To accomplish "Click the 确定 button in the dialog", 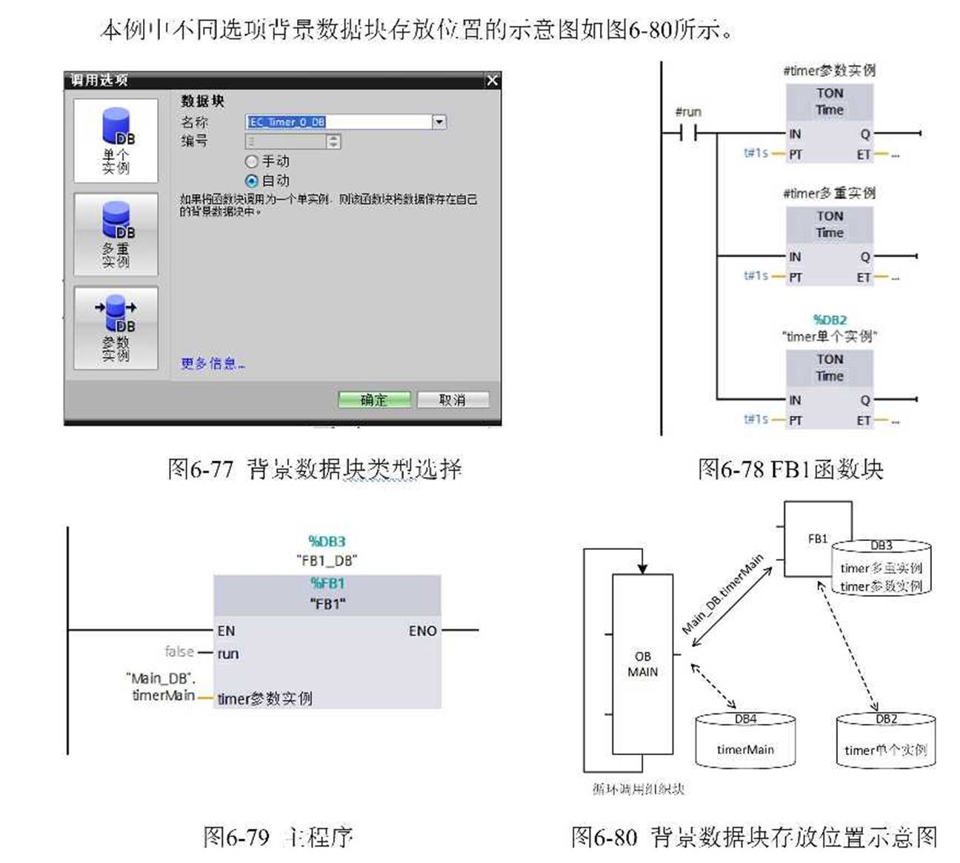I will coord(374,400).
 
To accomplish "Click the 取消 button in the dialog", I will coord(453,400).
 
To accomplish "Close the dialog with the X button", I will coord(493,80).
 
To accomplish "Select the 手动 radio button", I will coord(252,161).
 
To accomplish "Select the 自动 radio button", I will coord(252,181).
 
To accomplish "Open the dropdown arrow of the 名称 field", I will coord(439,121).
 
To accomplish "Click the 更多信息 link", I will coord(213,363).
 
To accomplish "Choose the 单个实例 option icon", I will coord(116,141).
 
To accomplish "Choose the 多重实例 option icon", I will coord(116,234).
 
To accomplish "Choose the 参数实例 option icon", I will coord(116,328).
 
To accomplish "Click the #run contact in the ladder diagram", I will coord(688,133).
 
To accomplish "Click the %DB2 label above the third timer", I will coord(830,320).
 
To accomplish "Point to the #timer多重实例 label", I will coord(830,193).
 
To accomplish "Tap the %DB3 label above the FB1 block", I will coord(327,541).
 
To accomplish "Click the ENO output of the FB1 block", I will coord(422,631).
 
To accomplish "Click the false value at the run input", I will coord(179,651).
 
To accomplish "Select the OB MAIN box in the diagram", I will coord(642,664).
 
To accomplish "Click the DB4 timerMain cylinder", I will coord(745,742).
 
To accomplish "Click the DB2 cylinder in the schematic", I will coord(886,742).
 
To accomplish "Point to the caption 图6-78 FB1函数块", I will coord(790,469).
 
